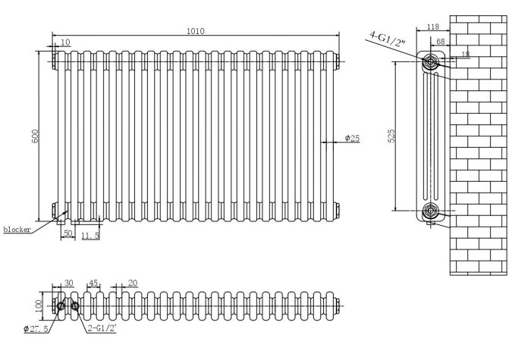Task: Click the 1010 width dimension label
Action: pyautogui.click(x=196, y=30)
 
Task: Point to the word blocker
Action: pyautogui.click(x=16, y=230)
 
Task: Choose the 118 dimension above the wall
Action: pyautogui.click(x=433, y=27)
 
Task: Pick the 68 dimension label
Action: pyautogui.click(x=441, y=42)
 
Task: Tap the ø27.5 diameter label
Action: pyautogui.click(x=36, y=328)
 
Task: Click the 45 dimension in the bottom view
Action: pyautogui.click(x=93, y=283)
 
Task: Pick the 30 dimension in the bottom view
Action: pyautogui.click(x=68, y=283)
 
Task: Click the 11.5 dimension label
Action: pyautogui.click(x=91, y=236)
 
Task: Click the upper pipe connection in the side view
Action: pyautogui.click(x=431, y=61)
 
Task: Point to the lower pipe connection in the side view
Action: pyautogui.click(x=431, y=210)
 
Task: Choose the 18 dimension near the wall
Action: pyautogui.click(x=464, y=53)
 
